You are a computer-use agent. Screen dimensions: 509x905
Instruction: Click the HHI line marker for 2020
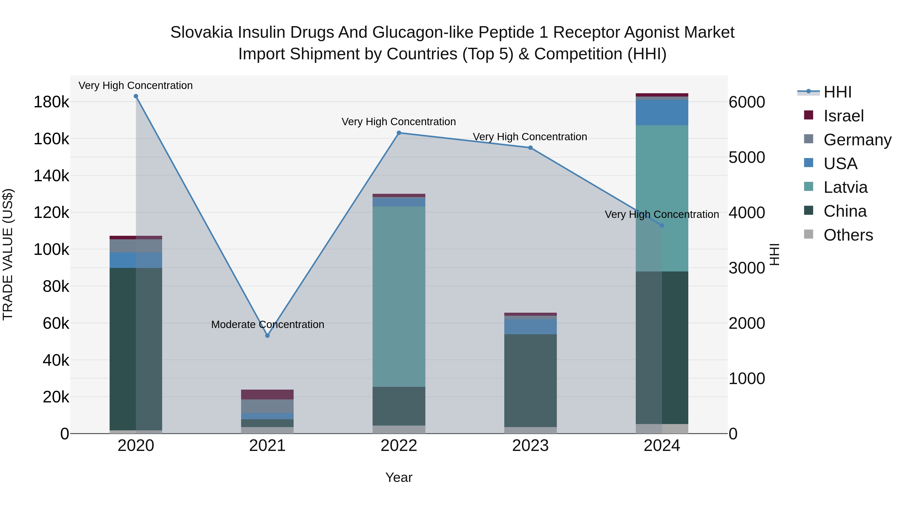136,96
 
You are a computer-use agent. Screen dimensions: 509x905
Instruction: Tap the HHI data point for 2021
267,336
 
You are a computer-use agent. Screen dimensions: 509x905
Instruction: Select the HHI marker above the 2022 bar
399,133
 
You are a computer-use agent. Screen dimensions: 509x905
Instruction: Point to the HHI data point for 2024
662,225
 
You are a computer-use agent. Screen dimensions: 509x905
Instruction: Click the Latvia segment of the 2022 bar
399,297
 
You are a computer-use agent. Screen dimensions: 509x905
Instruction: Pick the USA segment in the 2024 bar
662,112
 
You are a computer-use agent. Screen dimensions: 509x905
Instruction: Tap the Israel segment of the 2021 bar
267,394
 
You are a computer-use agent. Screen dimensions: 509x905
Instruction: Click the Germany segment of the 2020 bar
136,246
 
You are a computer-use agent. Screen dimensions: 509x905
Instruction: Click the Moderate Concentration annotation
267,325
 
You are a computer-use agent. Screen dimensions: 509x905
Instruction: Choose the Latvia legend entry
845,187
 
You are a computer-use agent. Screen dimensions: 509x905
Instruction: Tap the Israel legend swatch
808,115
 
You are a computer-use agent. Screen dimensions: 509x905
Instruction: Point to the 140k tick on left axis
51,176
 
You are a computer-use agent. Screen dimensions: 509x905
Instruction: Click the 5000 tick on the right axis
747,157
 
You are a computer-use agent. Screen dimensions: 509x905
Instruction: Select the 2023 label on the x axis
530,446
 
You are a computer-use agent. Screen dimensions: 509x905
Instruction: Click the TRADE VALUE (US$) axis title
8,254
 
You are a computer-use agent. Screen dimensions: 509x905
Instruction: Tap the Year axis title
399,477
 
